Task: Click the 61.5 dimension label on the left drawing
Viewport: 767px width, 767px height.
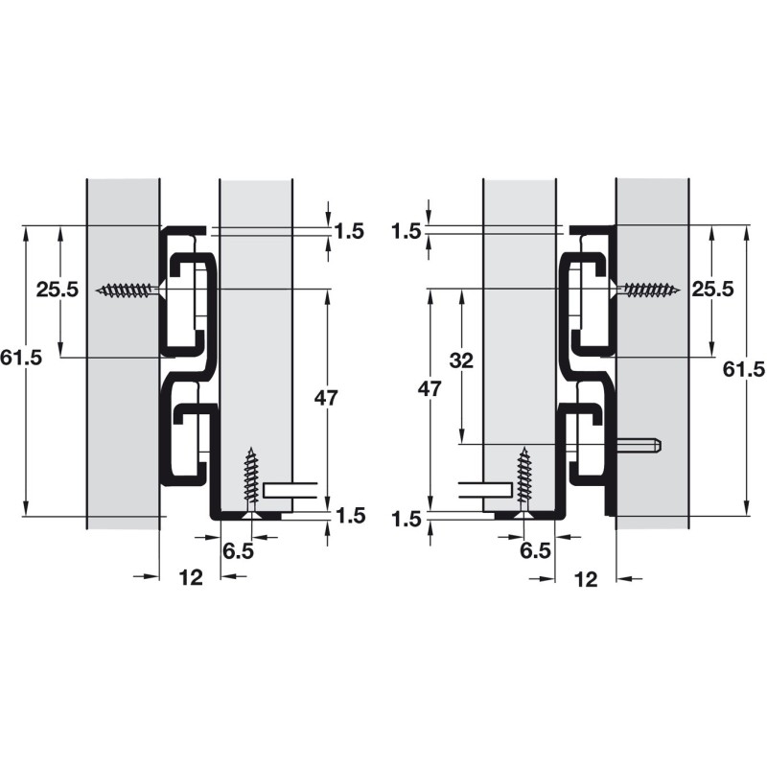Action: [21, 358]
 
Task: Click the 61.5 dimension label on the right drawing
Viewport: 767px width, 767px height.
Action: [744, 368]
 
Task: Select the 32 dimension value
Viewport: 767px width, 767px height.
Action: [461, 360]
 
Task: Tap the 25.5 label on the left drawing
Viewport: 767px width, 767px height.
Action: [58, 290]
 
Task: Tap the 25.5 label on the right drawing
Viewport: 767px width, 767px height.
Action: [712, 290]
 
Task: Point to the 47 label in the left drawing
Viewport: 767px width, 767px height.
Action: [326, 398]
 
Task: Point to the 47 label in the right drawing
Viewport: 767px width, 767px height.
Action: [430, 389]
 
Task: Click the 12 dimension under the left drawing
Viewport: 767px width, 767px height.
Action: [191, 578]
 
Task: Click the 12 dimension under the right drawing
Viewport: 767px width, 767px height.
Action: [586, 579]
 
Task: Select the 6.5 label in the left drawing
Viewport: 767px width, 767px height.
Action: [238, 551]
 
